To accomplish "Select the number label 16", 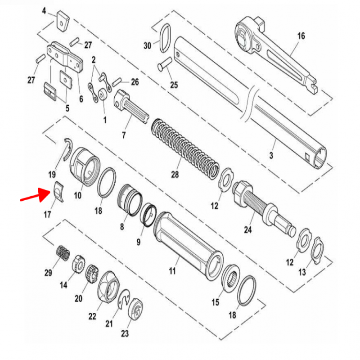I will [x=301, y=36].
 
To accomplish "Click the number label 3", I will [x=271, y=156].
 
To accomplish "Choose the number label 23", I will [x=125, y=333].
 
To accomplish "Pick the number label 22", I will [x=92, y=316].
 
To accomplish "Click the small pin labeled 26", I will [x=118, y=82].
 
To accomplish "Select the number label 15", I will [x=216, y=302].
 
